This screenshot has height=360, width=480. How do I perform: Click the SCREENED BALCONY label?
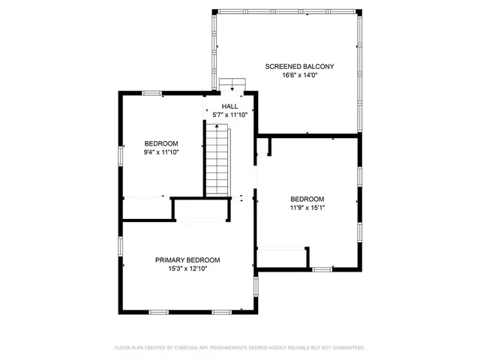point(299,67)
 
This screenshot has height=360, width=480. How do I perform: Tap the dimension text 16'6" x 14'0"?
point(299,76)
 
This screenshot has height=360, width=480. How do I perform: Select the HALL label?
point(229,106)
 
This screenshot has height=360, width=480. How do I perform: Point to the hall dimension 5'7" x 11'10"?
point(229,115)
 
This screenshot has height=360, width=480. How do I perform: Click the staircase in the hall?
point(218,161)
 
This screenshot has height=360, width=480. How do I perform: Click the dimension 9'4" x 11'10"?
point(161,152)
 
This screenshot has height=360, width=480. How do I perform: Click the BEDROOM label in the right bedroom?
point(307,199)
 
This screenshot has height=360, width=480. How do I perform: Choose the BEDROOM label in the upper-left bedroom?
point(161,143)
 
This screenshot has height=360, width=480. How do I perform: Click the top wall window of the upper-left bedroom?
point(152,93)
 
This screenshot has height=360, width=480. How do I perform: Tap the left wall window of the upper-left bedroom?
point(120,154)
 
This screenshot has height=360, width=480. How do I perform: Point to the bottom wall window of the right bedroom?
point(322,268)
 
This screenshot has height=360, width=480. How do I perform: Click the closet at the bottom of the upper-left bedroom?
point(146,208)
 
